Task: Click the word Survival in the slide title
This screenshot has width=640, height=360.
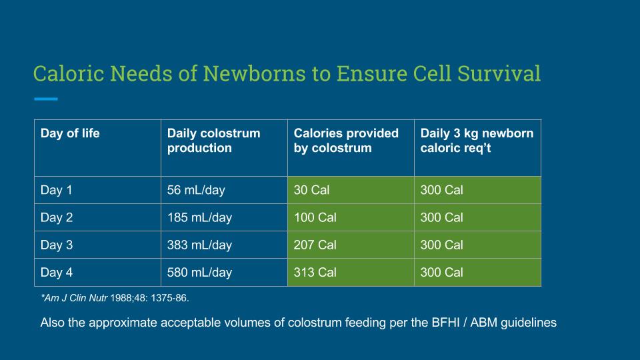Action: (x=499, y=73)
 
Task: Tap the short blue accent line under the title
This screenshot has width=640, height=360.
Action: (x=46, y=99)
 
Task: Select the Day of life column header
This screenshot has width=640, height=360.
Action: (x=70, y=133)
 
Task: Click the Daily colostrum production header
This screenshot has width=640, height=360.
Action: (x=213, y=141)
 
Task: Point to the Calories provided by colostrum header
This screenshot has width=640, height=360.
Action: (x=346, y=141)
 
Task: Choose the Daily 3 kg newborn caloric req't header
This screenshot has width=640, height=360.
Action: (x=477, y=141)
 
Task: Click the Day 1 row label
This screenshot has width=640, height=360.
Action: (x=56, y=190)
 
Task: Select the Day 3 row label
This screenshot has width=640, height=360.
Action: (x=56, y=245)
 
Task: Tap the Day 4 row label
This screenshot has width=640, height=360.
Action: (x=56, y=272)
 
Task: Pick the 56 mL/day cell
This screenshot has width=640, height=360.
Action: (x=196, y=190)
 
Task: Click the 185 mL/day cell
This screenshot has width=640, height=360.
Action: (x=199, y=217)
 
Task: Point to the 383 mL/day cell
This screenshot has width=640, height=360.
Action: (x=199, y=245)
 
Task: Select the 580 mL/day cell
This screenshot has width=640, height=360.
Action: (x=199, y=272)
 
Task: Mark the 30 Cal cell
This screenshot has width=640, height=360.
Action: (x=311, y=190)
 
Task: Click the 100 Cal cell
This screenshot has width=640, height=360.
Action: (x=315, y=217)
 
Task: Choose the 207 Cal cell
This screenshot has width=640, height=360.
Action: (x=315, y=245)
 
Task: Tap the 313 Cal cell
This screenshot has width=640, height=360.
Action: (x=315, y=272)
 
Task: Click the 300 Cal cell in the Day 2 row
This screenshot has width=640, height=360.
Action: (x=441, y=217)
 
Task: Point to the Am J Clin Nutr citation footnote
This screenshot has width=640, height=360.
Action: (x=115, y=298)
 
